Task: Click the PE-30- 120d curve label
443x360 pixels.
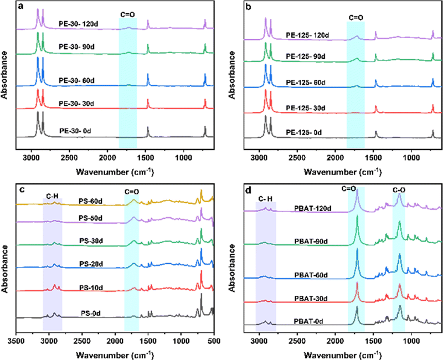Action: click(78, 24)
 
